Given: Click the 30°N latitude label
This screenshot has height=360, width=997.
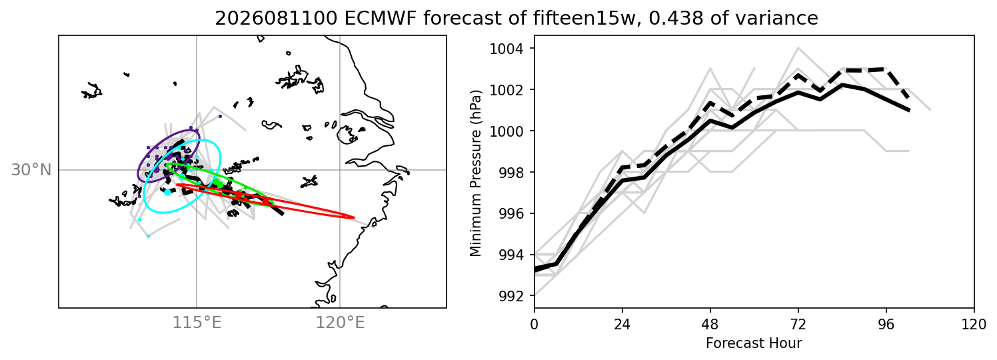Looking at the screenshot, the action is [31, 170].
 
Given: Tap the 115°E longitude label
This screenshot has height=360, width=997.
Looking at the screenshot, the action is [197, 323].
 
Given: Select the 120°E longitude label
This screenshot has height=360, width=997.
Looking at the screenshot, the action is [340, 323].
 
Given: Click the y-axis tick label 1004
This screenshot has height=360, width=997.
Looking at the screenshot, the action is [506, 49].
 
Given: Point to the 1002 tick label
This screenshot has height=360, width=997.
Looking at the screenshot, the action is [506, 90].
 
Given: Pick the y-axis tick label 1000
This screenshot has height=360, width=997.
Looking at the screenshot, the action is [506, 131].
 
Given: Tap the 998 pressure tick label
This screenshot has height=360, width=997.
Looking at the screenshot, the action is [510, 173].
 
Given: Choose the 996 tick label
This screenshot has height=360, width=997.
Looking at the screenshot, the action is [510, 214].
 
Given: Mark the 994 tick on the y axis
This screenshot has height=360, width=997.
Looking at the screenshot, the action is [510, 255].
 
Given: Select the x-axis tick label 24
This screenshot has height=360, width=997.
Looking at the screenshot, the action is [622, 325].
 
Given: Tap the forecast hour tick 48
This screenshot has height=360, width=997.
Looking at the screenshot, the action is [710, 325].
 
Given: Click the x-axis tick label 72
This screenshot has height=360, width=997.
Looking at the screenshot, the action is [798, 325].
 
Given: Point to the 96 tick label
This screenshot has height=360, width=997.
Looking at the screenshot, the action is [886, 325].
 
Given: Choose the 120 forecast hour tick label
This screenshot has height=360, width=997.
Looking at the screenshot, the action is [974, 325].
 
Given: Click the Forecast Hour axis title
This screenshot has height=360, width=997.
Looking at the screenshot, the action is [754, 343].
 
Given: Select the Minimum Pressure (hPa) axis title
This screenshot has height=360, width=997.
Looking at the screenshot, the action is [476, 174].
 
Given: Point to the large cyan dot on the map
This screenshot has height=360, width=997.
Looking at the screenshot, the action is [167, 192].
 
